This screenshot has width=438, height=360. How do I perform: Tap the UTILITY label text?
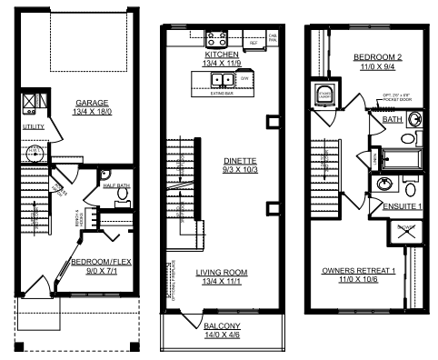[33, 127]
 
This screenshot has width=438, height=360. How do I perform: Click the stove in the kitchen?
[218, 39]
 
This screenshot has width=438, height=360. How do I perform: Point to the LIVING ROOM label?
[221, 272]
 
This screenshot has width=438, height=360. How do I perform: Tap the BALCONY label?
[221, 326]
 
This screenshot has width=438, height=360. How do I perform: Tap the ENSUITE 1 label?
[404, 207]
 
